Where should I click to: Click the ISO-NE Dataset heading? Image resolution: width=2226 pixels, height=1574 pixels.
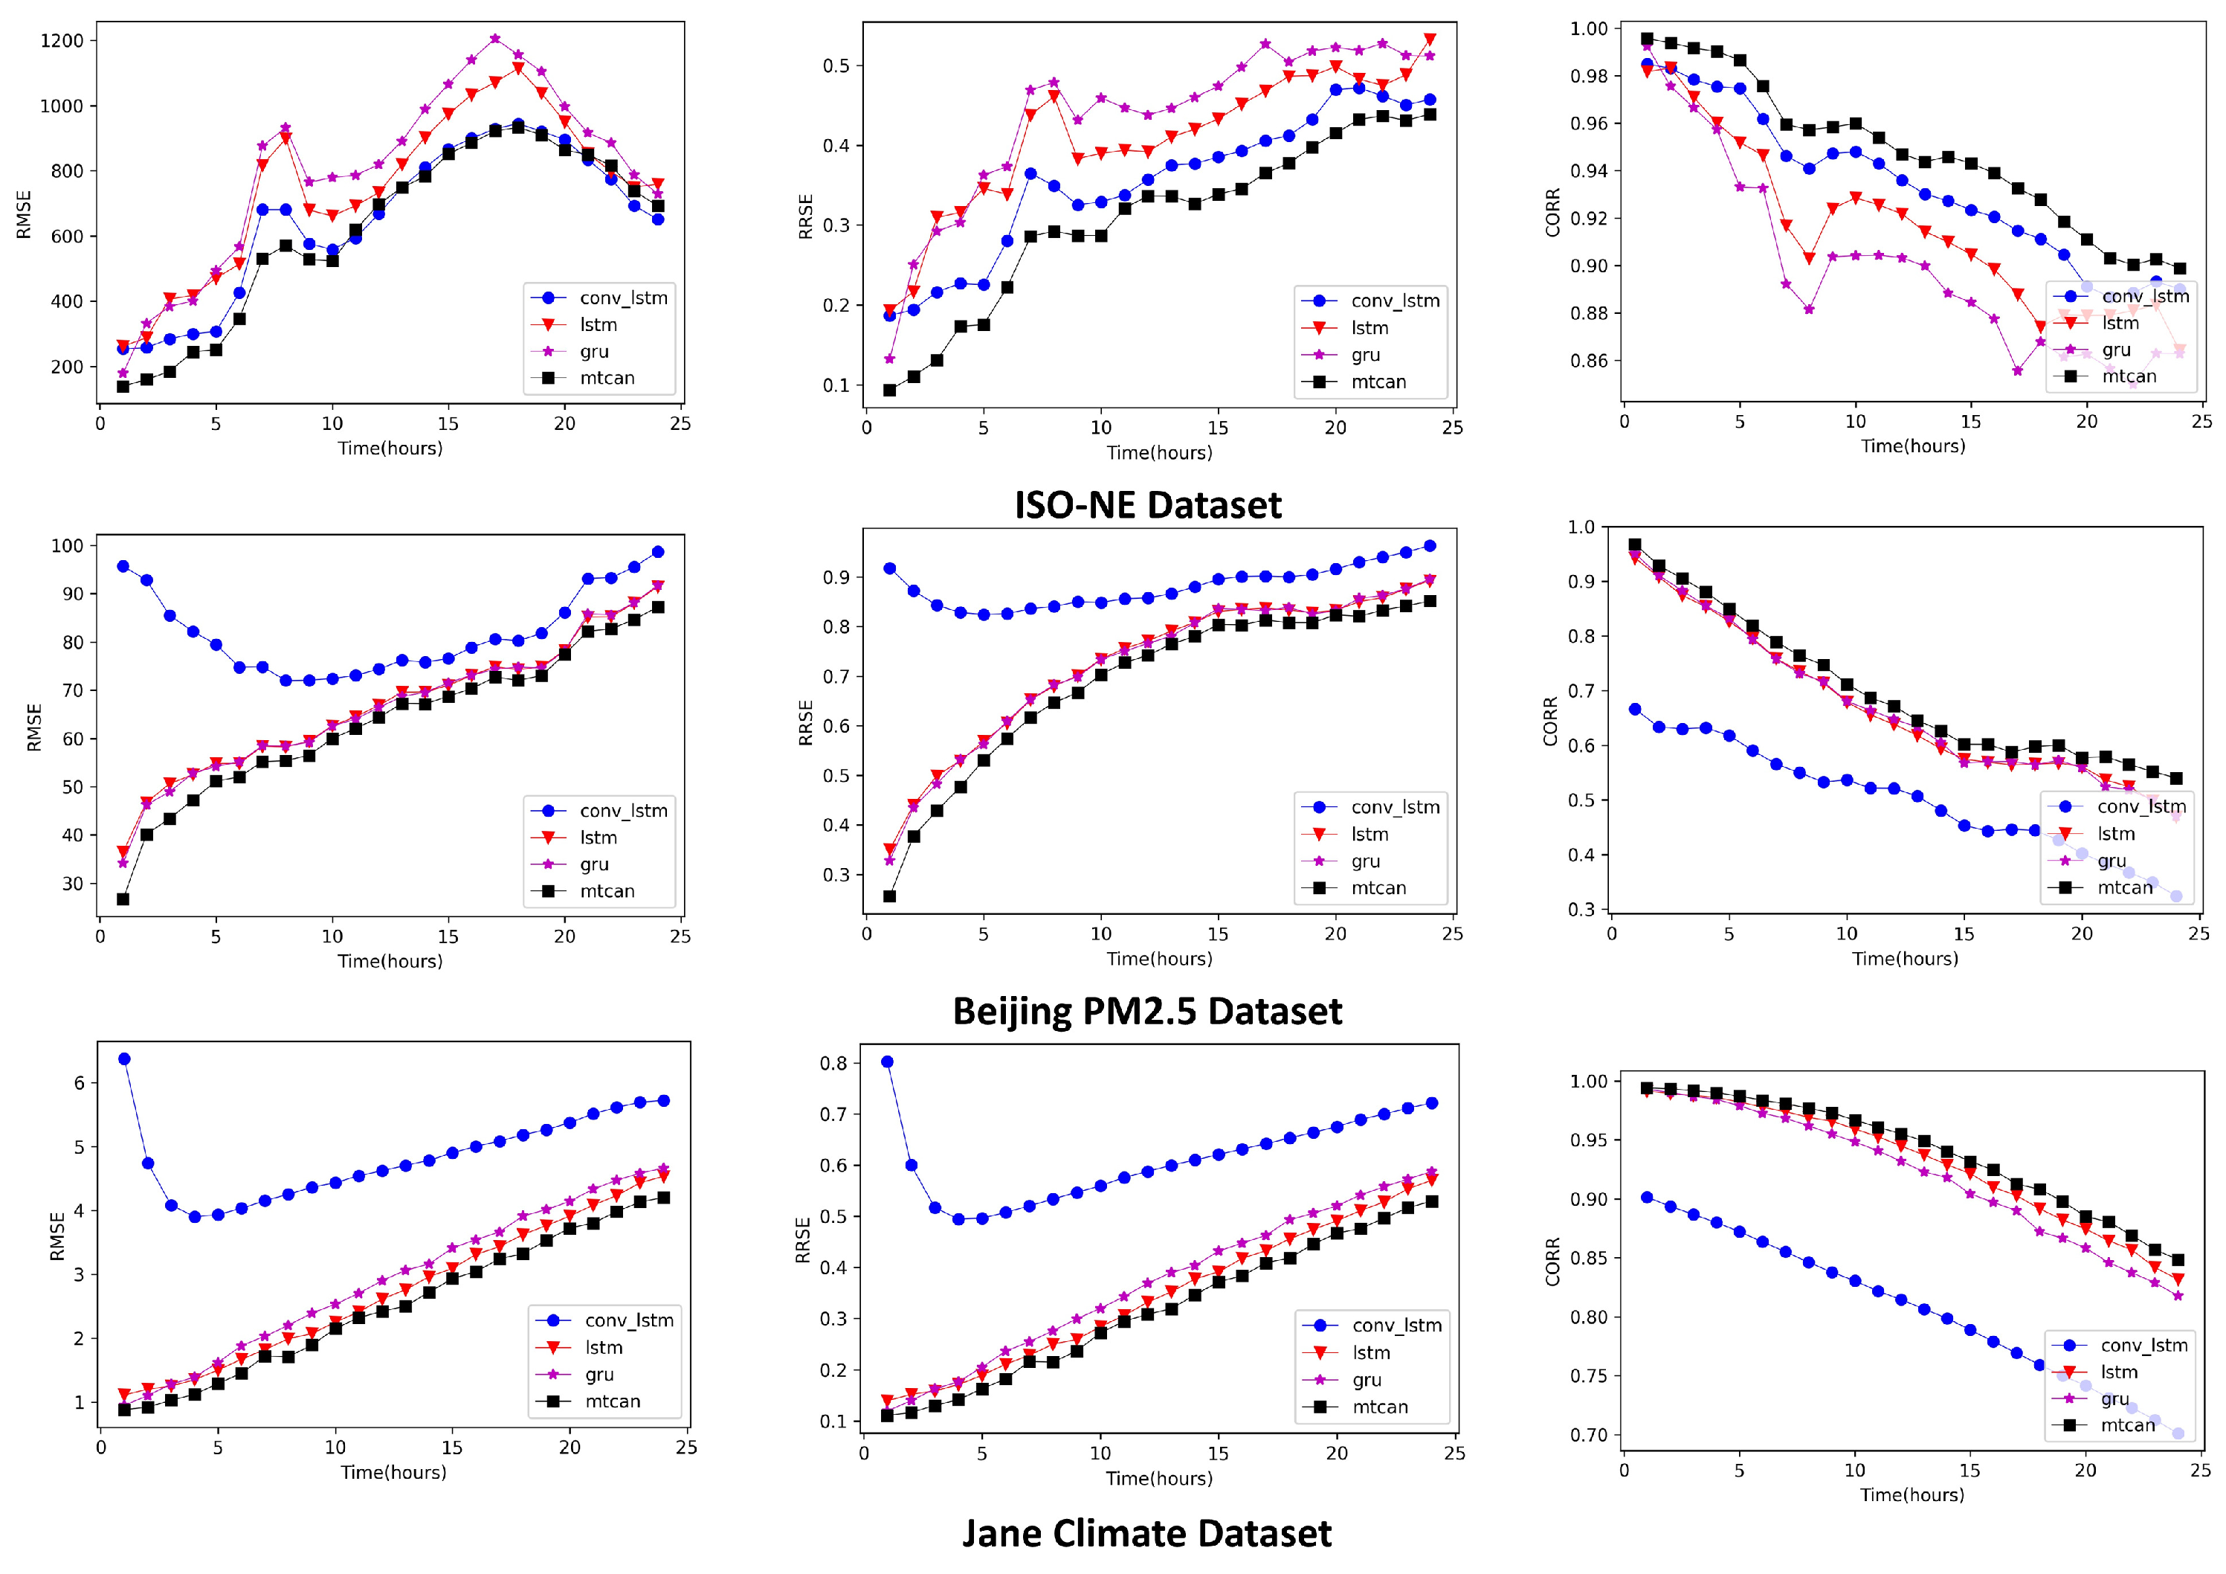1147,505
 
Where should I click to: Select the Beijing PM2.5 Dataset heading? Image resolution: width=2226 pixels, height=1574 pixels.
1147,1012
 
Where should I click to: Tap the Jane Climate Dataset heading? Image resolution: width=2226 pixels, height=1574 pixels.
1147,1533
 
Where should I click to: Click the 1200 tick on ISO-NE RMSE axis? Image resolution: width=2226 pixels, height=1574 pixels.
62,41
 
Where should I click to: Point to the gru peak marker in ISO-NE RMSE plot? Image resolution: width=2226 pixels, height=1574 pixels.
495,39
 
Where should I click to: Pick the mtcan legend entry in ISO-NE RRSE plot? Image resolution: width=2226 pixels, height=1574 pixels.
1377,382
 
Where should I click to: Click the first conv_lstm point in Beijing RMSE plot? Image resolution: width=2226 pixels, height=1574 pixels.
123,566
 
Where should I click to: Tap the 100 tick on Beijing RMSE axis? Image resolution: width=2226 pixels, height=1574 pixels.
68,546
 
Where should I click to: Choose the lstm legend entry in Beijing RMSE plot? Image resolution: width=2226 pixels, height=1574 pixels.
599,838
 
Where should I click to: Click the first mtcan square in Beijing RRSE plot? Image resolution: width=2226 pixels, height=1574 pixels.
890,896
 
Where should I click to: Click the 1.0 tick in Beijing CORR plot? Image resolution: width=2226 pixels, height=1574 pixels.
1581,527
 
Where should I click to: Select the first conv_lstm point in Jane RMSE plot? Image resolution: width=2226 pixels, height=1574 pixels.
124,1059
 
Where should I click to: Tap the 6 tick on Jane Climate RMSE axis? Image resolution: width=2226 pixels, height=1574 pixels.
80,1083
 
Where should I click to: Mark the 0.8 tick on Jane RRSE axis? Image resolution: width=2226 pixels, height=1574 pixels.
833,1064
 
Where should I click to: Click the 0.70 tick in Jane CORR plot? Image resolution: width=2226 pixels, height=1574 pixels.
1589,1436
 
